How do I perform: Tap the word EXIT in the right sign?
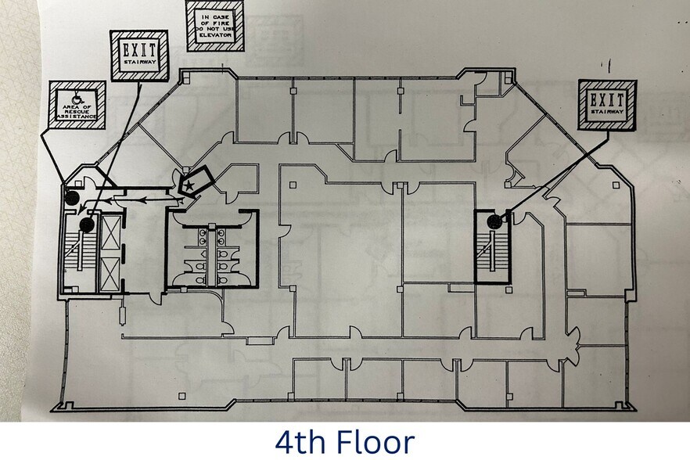point(606,100)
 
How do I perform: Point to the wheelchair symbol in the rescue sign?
point(77,99)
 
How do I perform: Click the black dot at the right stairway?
point(494,222)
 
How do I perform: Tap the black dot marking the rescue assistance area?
point(71,199)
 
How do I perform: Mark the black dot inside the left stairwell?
point(86,225)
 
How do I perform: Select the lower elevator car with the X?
point(111,271)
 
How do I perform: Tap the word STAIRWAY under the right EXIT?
point(606,113)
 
